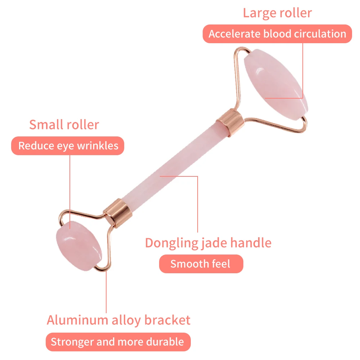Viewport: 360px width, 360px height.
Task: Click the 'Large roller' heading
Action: click(x=277, y=13)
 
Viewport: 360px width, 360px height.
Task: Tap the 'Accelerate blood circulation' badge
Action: click(x=277, y=34)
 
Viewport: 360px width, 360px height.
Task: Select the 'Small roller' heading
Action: click(x=64, y=125)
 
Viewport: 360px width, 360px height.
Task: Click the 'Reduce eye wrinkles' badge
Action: click(x=68, y=146)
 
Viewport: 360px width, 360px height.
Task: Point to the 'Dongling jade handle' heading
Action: click(x=208, y=243)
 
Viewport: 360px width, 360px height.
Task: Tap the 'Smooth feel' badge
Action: click(x=200, y=264)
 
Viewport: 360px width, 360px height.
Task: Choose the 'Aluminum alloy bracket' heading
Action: click(x=118, y=320)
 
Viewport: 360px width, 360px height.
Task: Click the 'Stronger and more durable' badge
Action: click(x=117, y=342)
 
